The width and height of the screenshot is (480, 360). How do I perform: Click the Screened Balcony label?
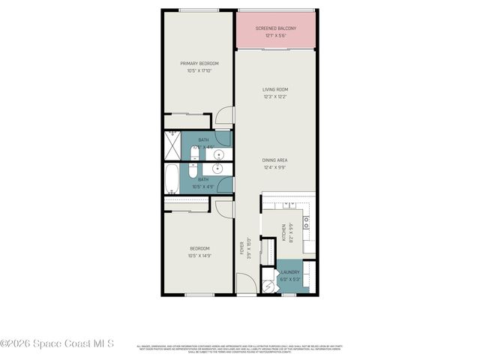(x=275, y=28)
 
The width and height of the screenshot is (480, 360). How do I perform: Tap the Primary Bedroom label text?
(x=199, y=64)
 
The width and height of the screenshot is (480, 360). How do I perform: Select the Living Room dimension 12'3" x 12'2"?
(x=275, y=96)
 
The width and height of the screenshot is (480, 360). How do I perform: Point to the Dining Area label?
(x=275, y=160)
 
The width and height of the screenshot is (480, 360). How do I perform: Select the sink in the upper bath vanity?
(x=219, y=155)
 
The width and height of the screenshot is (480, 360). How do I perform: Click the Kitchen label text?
(x=283, y=232)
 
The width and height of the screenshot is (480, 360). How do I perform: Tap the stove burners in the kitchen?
(x=307, y=222)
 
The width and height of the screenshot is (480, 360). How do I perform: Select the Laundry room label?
(x=290, y=272)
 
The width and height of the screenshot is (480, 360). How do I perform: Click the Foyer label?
(x=242, y=247)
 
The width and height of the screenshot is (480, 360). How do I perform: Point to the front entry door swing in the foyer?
(x=246, y=283)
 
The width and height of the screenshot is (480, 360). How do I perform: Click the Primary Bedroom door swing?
(x=224, y=116)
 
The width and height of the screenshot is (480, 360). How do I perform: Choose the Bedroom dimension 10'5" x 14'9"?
(x=199, y=255)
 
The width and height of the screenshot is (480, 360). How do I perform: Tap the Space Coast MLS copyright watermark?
(x=57, y=344)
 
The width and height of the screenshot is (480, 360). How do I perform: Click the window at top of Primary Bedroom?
(x=199, y=10)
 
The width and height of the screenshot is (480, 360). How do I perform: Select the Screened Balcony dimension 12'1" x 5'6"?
(x=275, y=35)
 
